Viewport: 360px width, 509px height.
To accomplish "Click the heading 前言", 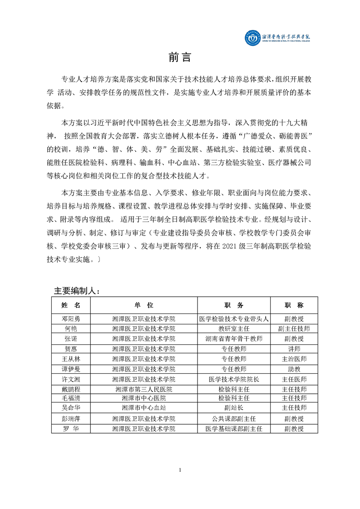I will [x=180, y=58].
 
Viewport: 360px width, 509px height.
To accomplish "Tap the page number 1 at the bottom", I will [x=180, y=470].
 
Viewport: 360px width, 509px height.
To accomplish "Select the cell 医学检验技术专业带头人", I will [x=234, y=318].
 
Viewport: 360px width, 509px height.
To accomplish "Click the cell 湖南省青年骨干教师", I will [x=234, y=339].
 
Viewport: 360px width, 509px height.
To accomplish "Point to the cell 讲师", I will [x=294, y=349].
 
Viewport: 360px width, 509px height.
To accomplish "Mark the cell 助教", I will [x=294, y=369].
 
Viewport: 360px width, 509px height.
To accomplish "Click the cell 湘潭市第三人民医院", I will [x=144, y=389].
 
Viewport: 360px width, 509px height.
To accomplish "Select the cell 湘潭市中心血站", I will [x=144, y=408].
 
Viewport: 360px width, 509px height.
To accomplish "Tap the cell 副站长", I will [x=234, y=408].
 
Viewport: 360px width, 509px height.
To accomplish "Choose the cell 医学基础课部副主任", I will [x=234, y=429].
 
